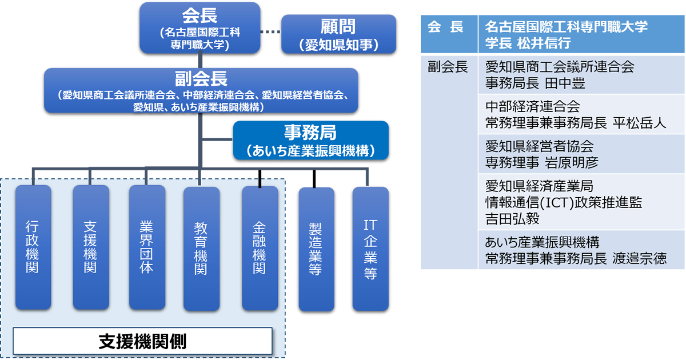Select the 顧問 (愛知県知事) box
tap(338, 34)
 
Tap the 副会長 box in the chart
tap(201, 90)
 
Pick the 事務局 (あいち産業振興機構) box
tap(310, 140)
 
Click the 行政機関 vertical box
tap(33, 247)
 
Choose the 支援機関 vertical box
tap(90, 247)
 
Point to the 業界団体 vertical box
tap(147, 247)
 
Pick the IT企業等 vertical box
tap(370, 249)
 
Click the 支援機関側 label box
tap(142, 341)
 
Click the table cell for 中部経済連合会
tap(581, 114)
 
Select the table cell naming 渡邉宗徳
tap(581, 250)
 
